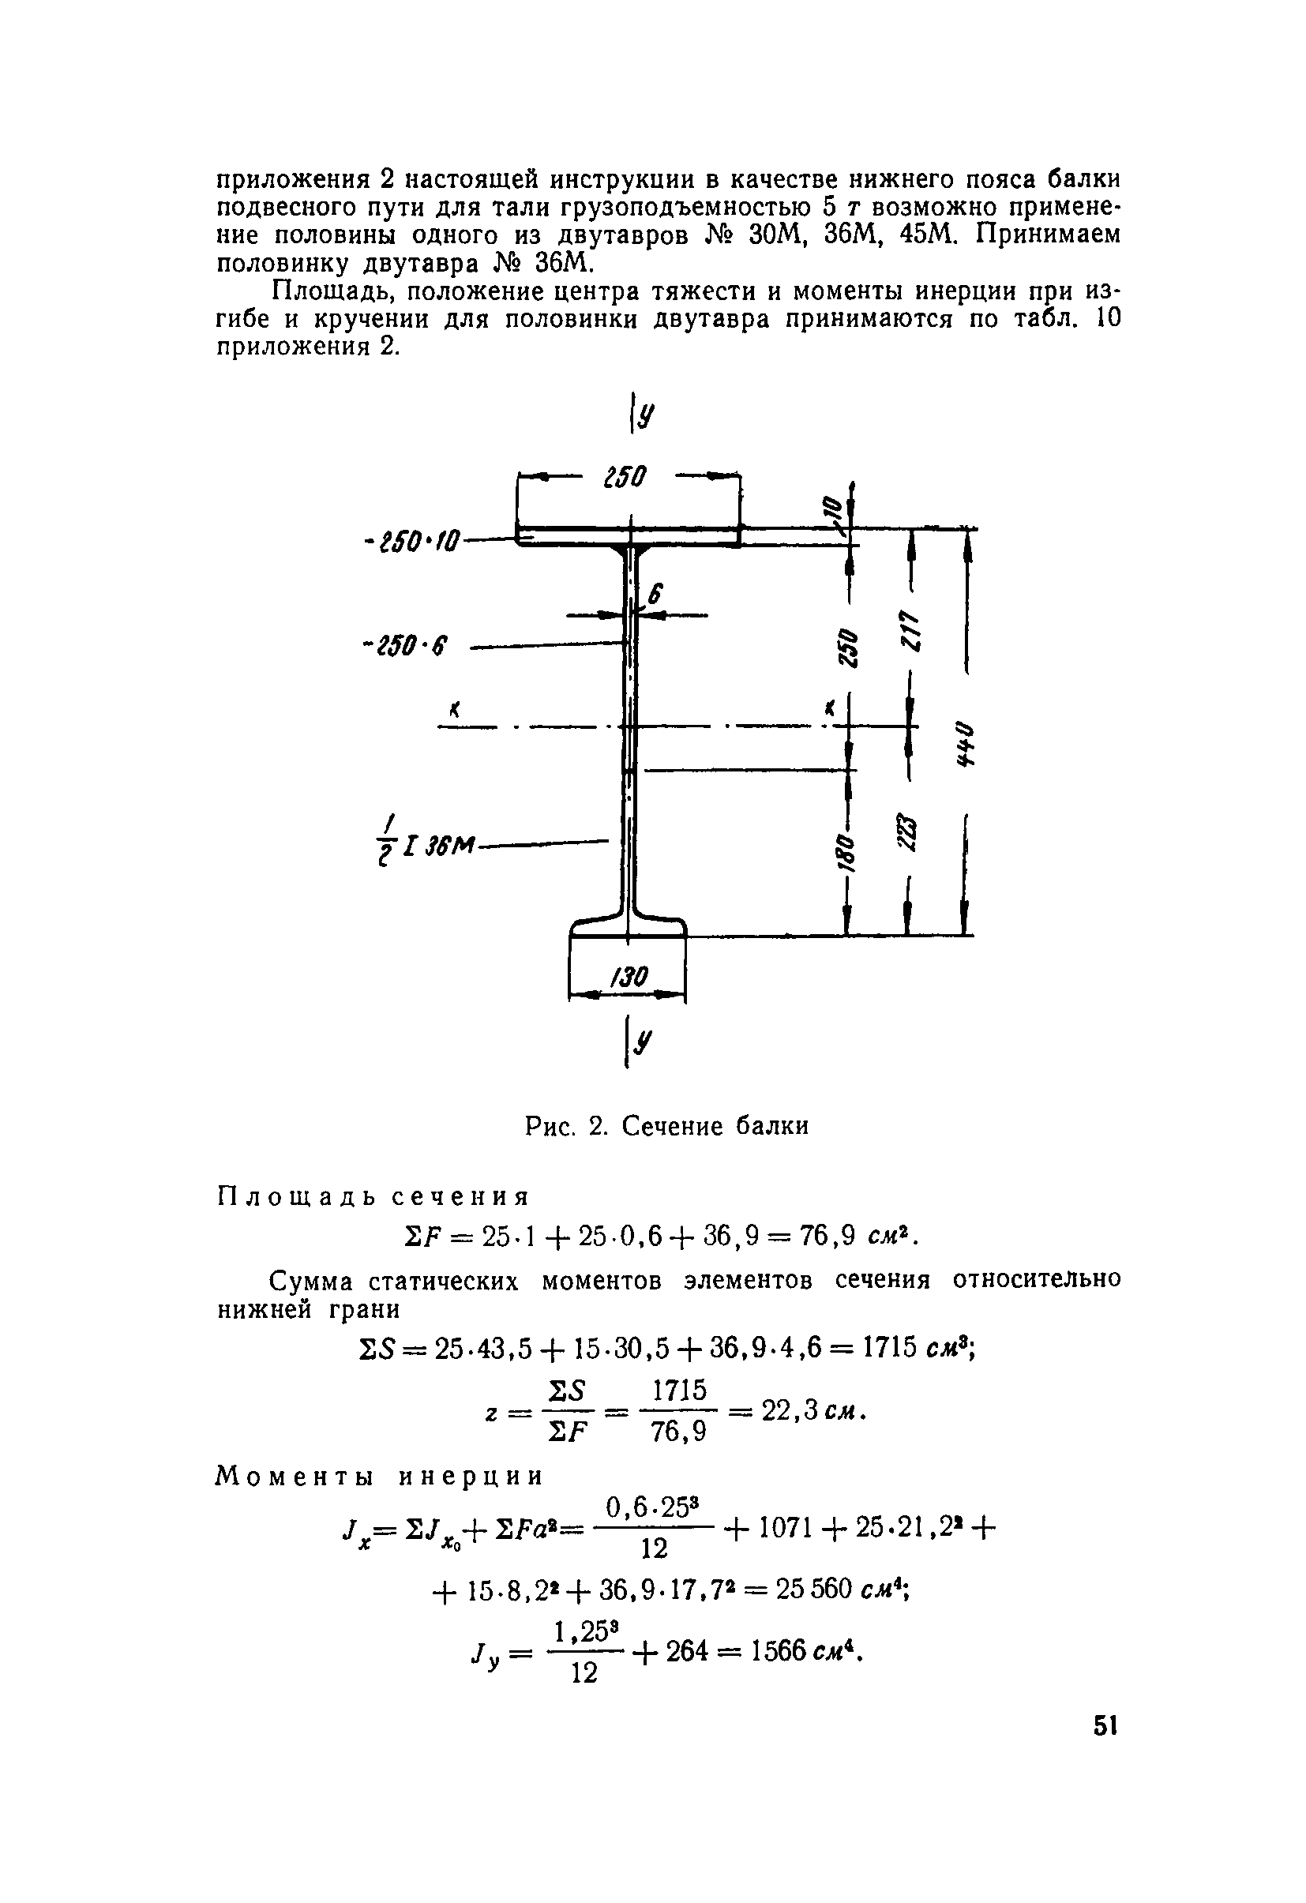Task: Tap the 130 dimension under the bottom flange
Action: (629, 977)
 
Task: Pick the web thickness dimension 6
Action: (655, 594)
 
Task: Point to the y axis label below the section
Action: (646, 1042)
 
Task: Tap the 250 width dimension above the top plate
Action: (625, 477)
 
